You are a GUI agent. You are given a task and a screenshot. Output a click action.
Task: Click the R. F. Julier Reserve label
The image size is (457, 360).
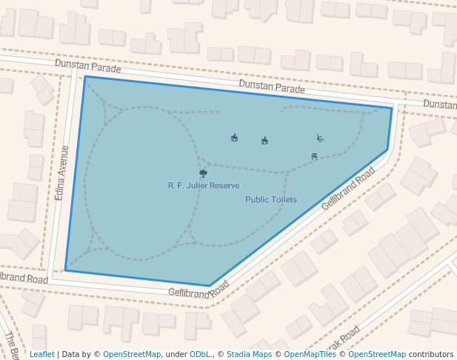pos(204,185)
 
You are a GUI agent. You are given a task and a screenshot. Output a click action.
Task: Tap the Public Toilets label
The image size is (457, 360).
pos(271,199)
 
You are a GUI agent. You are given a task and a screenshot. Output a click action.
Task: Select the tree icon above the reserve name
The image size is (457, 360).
pos(204,173)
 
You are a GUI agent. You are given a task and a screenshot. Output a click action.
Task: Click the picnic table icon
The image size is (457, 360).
pos(316,156)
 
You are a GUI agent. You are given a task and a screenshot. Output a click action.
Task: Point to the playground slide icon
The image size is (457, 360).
pos(320,138)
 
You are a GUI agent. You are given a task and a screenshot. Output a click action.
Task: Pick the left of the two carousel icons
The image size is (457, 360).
pos(235,137)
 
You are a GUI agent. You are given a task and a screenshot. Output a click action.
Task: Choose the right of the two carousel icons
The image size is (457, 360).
pos(264,140)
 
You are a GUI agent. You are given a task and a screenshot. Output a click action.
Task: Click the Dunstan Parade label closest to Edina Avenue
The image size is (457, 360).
pos(87,67)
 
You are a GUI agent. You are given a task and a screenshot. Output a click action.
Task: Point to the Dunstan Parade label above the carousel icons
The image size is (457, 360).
pos(272,87)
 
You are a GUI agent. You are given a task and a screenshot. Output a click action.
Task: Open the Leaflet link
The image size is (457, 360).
pos(41,354)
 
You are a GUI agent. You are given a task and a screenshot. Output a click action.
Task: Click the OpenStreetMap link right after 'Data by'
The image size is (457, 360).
pos(132,354)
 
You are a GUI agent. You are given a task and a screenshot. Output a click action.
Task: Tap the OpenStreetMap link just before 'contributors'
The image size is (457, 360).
pos(377,354)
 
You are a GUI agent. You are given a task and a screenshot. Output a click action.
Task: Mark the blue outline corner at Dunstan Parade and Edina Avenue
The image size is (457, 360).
pos(85,76)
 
